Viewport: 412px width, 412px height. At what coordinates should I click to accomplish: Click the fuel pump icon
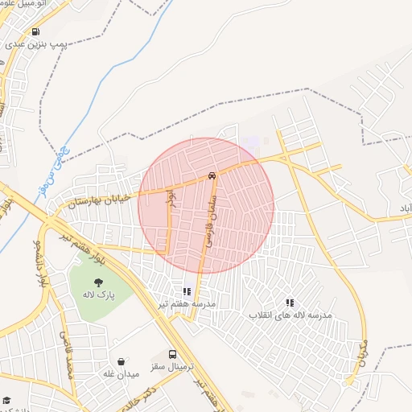[35, 32]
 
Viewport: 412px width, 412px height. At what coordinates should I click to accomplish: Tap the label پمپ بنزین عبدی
[47, 45]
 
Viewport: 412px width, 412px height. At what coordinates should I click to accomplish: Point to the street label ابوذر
[170, 198]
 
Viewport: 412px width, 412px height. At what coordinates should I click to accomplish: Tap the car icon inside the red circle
[211, 175]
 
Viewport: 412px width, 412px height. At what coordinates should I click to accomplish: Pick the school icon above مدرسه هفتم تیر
[187, 291]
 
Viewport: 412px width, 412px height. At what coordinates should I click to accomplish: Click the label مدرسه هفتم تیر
[186, 303]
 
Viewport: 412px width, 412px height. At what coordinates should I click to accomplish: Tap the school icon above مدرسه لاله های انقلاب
[289, 303]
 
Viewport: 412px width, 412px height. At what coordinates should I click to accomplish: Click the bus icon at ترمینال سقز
[172, 353]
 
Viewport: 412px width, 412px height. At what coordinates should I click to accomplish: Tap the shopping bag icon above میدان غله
[121, 362]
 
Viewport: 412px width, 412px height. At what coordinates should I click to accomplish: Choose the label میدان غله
[121, 374]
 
